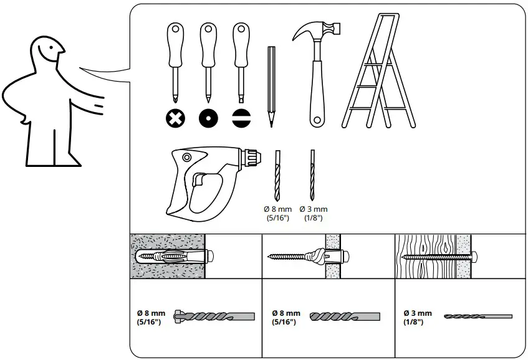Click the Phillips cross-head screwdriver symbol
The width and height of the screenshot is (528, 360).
pyautogui.click(x=175, y=117)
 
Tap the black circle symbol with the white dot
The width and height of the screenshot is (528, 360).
pyautogui.click(x=208, y=117)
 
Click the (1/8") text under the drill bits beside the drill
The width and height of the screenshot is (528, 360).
pyautogui.click(x=313, y=218)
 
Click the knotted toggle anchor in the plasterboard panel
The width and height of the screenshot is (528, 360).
pyautogui.click(x=315, y=257)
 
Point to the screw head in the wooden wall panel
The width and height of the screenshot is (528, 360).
pyautogui.click(x=476, y=257)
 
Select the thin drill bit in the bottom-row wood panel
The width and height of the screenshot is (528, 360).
pyautogui.click(x=478, y=316)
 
